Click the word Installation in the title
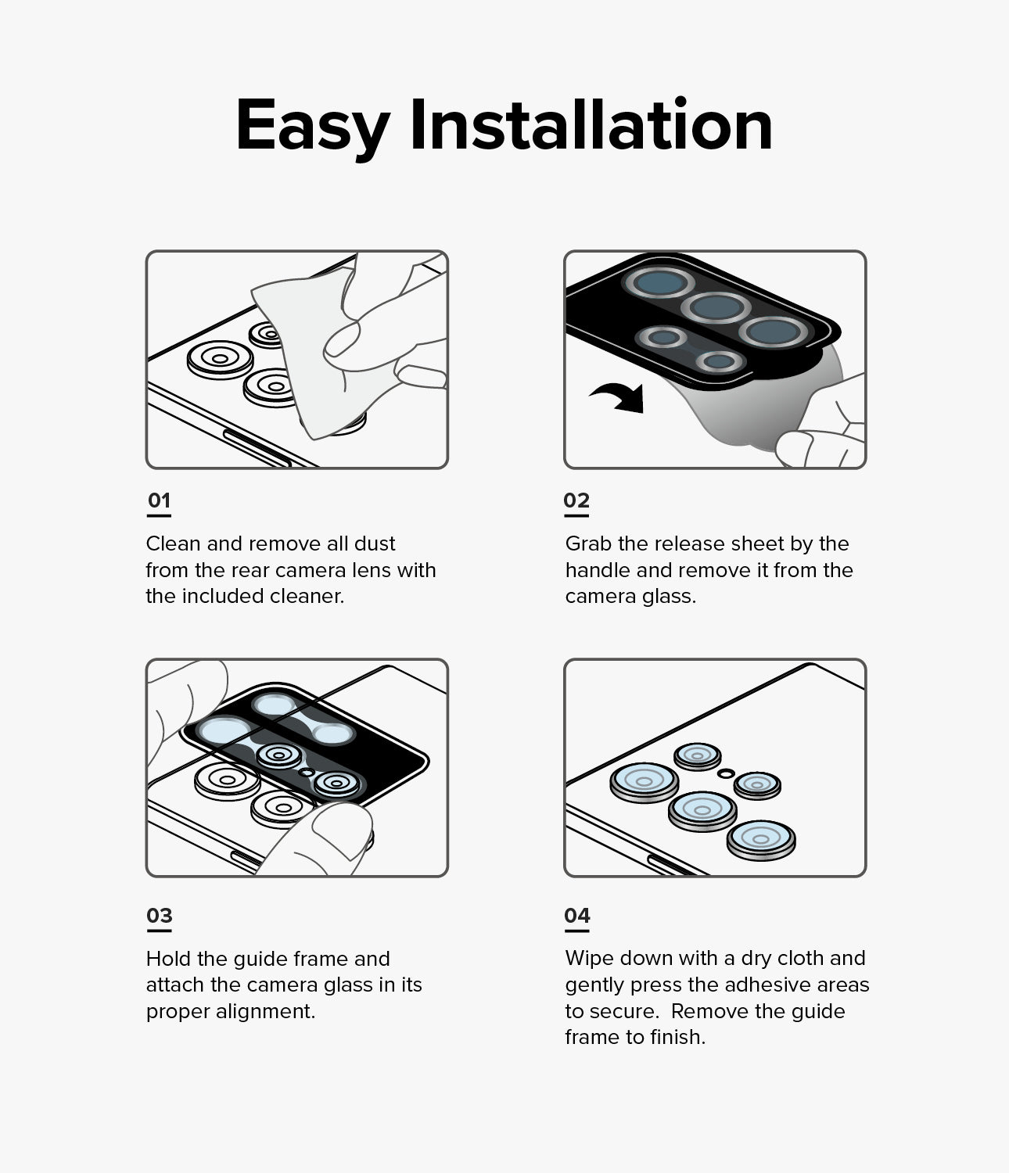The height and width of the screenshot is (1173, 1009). [x=591, y=124]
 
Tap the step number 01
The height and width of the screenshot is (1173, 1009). [x=159, y=500]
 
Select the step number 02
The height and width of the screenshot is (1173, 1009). [x=576, y=500]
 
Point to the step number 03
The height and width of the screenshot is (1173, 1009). [x=160, y=916]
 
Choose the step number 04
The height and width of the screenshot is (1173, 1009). [x=577, y=916]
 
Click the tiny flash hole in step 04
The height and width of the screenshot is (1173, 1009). [x=726, y=773]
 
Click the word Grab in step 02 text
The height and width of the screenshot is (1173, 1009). [x=588, y=543]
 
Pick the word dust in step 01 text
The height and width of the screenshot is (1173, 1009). [x=375, y=543]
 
